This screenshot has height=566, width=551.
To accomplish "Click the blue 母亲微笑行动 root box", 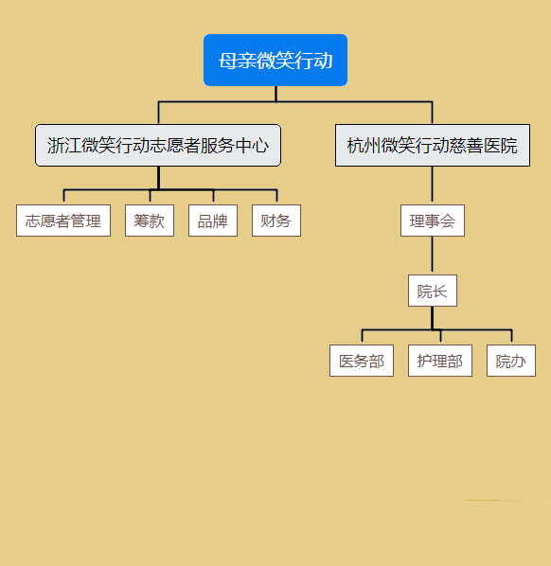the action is point(275,61).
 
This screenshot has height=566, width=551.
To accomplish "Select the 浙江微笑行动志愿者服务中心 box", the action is point(158,146).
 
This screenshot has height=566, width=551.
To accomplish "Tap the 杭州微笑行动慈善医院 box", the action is point(433,146).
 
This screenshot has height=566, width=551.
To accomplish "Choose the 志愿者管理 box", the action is point(63,221).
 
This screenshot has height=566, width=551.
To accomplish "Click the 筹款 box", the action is point(150,221).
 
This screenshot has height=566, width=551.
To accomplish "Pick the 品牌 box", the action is point(213,221).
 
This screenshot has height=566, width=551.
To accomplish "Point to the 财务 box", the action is point(276,221).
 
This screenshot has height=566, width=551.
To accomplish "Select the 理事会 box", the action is point(433,221).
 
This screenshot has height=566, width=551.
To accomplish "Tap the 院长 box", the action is point(433,291).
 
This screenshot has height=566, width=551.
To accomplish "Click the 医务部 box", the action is point(362,361).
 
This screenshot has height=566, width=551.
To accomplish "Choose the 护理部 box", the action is point(440,361).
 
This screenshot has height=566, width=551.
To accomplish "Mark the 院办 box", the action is point(511,361).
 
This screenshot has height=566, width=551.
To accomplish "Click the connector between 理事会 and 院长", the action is point(433,256).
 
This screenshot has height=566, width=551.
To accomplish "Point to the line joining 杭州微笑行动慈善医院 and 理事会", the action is point(433,186).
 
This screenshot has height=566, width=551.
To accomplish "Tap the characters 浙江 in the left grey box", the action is point(64,146).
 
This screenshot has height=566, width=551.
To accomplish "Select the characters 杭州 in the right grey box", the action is point(364,146).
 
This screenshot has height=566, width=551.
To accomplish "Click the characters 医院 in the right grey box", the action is point(501,146).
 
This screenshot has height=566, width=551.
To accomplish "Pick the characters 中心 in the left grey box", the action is point(252,146).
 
